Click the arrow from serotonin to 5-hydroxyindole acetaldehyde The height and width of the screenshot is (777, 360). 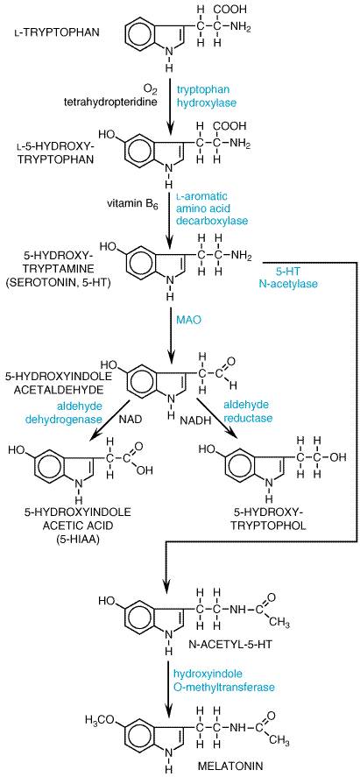pyautogui.click(x=170, y=329)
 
